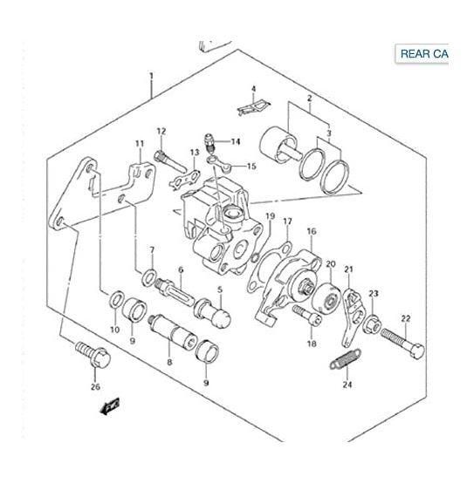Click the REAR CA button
(x=423, y=54)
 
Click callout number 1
(x=151, y=78)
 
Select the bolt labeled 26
(x=96, y=354)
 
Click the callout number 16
(x=311, y=232)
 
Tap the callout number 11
(x=138, y=144)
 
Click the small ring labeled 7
(x=150, y=278)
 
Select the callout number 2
(x=307, y=99)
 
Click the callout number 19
(x=271, y=216)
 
